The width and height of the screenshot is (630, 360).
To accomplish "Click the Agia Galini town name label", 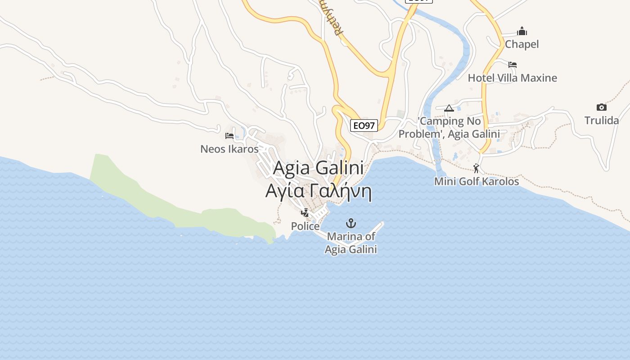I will [x=318, y=168].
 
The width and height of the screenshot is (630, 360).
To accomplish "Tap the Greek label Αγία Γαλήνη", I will [x=318, y=191].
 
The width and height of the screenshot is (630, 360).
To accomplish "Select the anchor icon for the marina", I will [x=350, y=223].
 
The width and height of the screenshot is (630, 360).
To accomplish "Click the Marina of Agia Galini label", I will [x=351, y=243].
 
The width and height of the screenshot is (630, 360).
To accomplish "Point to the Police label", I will [x=305, y=226].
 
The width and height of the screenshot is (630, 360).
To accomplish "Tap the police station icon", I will [x=305, y=213].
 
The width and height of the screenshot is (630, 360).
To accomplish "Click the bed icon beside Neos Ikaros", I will [x=229, y=135].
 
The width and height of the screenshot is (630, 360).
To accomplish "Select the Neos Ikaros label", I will [x=229, y=149].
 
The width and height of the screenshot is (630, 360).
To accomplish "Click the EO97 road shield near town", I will [x=364, y=126].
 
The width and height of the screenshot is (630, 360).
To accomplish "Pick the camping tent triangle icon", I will [x=449, y=108].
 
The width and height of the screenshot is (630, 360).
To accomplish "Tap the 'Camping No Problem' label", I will [x=449, y=127].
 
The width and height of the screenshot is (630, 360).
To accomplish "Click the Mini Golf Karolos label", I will [x=477, y=181].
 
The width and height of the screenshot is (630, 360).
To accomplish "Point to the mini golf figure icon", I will [x=476, y=169].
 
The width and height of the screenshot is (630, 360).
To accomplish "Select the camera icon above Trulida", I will [x=601, y=107].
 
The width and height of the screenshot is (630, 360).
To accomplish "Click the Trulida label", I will [x=601, y=121].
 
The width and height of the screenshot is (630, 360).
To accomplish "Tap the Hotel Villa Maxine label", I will [x=512, y=78].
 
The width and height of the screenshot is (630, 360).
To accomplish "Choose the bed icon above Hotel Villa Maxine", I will [x=512, y=65].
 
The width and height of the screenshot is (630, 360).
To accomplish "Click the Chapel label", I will [x=522, y=44].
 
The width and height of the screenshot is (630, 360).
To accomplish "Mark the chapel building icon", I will [x=522, y=31].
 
